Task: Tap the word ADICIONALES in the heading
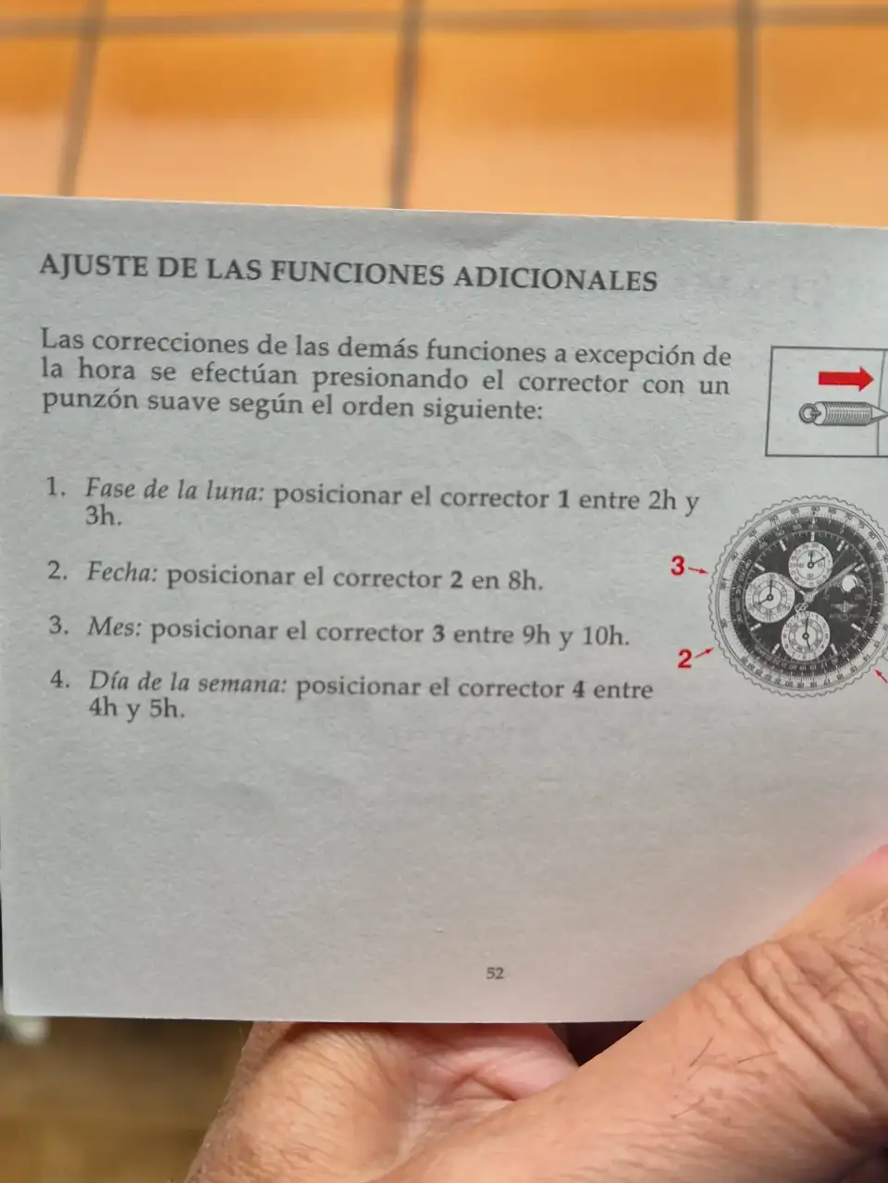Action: [x=555, y=278]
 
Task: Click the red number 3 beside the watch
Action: [x=677, y=567]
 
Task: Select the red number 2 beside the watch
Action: [x=684, y=659]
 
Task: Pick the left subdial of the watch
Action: [x=770, y=598]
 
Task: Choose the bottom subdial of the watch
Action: [x=806, y=636]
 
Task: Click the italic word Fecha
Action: [x=121, y=572]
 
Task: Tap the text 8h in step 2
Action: [x=524, y=581]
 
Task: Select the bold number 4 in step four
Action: [x=578, y=689]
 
